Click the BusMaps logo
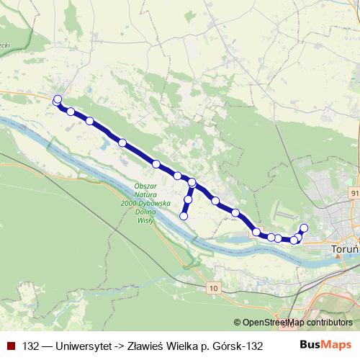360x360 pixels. (x=326, y=345)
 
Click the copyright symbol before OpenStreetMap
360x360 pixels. (x=238, y=323)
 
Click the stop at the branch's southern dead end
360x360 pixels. (x=184, y=216)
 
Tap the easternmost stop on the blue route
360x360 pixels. (x=304, y=228)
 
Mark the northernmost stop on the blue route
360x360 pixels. (x=58, y=99)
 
